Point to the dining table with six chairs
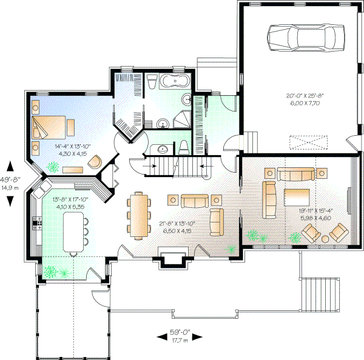coord(139,214)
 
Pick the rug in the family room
coord(297,199)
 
